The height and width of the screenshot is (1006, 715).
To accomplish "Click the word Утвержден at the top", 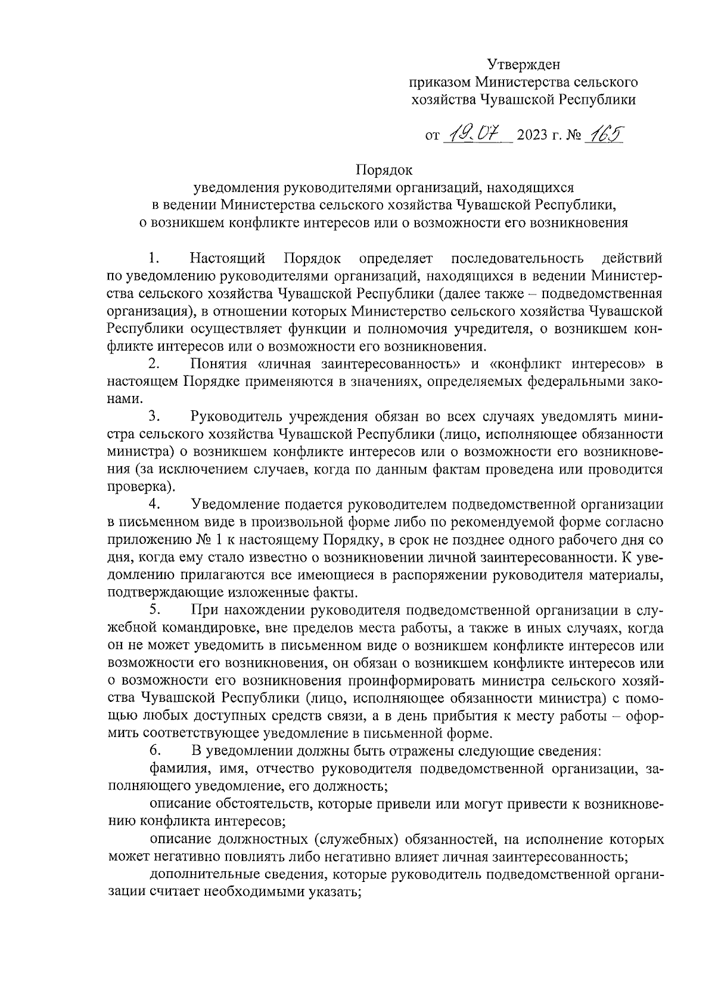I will tap(524, 64).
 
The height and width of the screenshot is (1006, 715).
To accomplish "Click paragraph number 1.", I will tap(154, 259).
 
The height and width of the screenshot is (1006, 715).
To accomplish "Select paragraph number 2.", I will tap(154, 364).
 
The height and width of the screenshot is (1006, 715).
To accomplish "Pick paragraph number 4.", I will tap(154, 504).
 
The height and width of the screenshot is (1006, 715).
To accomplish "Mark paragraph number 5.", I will tap(154, 609).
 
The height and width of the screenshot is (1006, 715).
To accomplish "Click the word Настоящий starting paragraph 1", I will tap(228, 259).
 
